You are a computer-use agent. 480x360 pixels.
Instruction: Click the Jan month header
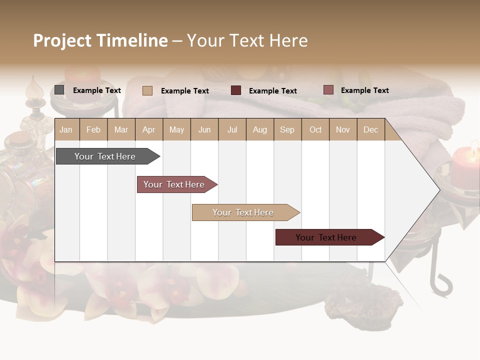click(66, 129)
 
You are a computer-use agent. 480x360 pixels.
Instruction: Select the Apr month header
click(148, 129)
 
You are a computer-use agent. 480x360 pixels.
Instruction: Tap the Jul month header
click(232, 129)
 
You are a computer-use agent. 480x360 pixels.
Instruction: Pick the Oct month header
click(315, 129)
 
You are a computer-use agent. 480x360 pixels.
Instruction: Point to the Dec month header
click(370, 129)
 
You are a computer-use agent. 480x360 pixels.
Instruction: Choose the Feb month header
click(93, 129)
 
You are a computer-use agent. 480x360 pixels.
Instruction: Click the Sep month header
click(287, 129)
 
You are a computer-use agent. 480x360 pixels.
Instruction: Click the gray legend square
click(59, 90)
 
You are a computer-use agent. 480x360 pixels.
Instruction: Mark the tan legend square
click(147, 90)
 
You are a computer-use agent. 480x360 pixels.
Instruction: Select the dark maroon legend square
click(236, 90)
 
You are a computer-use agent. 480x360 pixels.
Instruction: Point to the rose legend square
click(328, 90)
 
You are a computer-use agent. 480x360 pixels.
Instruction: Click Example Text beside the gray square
click(97, 90)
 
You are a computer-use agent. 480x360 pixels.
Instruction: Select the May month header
click(176, 129)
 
